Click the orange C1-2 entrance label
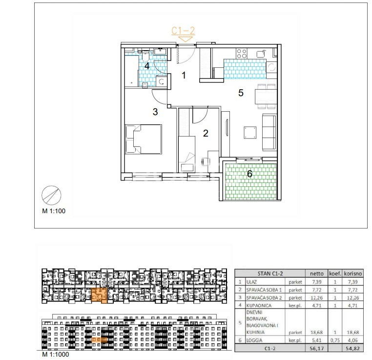pos(183,31)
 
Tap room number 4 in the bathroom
pos(147,66)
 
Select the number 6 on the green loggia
pos(249,174)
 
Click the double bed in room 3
pos(144,140)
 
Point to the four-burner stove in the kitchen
pos(242,53)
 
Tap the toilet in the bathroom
pos(145,56)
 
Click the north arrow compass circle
pos(51,195)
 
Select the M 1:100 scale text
pos(54,211)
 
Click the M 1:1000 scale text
pos(56,354)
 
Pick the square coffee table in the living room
pos(250,133)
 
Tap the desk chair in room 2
pos(206,161)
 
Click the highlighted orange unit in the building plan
pos(99,296)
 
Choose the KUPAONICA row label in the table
pos(259,305)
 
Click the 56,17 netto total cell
pos(317,348)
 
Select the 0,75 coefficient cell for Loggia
pos(335,340)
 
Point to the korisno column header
pos(353,274)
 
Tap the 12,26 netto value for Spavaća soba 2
pos(317,298)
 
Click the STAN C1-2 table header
pos(270,274)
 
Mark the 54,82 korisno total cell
pos(353,348)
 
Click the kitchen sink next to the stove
pos(261,53)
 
